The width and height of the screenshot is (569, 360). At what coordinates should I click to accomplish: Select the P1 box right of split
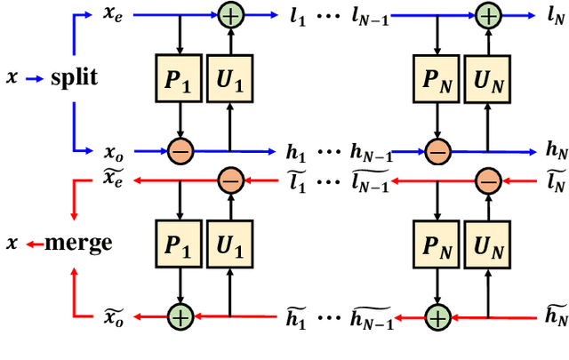[x=180, y=78]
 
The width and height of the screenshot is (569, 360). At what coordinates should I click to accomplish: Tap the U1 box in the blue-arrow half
[x=230, y=78]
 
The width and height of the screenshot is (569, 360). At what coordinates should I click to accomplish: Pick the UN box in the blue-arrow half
[x=486, y=78]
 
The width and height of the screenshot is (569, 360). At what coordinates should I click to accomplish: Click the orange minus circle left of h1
[x=180, y=151]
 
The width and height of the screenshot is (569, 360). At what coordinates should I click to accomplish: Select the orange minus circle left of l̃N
[x=486, y=181]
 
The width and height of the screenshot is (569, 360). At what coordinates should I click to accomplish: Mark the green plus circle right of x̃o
[x=180, y=316]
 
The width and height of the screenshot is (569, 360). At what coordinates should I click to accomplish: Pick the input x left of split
[x=12, y=78]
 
